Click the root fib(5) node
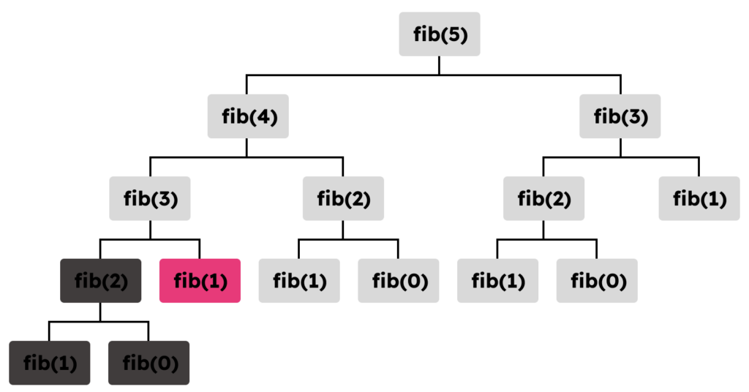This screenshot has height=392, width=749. (x=440, y=34)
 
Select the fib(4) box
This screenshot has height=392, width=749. (x=248, y=116)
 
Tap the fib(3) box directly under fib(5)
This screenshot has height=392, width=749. (x=620, y=116)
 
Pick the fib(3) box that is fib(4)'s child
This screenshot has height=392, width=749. (x=150, y=198)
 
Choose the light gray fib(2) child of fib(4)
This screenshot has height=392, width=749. (x=343, y=198)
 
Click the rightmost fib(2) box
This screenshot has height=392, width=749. (x=543, y=198)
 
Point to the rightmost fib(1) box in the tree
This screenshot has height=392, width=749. (x=699, y=198)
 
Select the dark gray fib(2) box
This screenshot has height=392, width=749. (x=100, y=280)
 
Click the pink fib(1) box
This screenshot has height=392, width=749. (x=200, y=280)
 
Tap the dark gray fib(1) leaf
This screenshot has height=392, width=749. (x=50, y=363)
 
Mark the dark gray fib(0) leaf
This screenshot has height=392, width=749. (x=149, y=363)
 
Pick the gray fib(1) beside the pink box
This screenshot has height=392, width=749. (x=299, y=280)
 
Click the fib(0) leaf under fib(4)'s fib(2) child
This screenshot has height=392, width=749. (x=399, y=280)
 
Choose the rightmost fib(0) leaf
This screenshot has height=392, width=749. (x=597, y=280)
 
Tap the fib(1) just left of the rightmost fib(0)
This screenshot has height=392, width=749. (x=497, y=280)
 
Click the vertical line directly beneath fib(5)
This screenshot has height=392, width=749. (x=440, y=65)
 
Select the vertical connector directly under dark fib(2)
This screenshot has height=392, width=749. (x=100, y=312)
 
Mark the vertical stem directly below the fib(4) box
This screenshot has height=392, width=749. (x=246, y=147)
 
